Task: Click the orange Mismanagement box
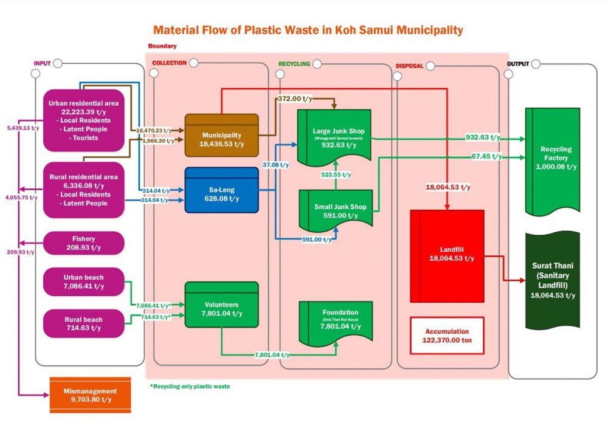(x=89, y=395)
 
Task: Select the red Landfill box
(x=447, y=252)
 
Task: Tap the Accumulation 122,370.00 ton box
(x=447, y=336)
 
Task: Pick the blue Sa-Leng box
(x=222, y=189)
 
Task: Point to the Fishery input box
(x=84, y=243)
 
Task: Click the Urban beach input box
(x=84, y=281)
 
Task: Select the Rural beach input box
(x=84, y=323)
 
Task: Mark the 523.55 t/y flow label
(x=336, y=174)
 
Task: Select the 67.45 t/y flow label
(x=486, y=156)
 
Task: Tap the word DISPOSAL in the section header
(x=409, y=66)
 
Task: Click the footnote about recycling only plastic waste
(x=190, y=386)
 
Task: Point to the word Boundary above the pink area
(x=163, y=46)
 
